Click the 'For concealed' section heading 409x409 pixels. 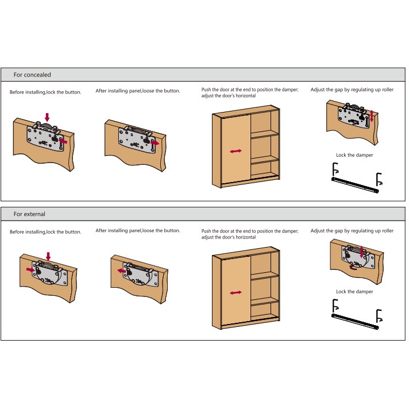pos(32,75)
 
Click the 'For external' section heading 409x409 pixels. pos(29,214)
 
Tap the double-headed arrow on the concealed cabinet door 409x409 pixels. pos(236,151)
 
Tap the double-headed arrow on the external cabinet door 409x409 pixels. pos(236,293)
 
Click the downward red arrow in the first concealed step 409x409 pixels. pos(47,116)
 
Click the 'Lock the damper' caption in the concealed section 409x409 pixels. pos(354,155)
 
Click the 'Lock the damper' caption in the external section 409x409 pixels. pos(354,292)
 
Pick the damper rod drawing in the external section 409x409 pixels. pos(354,319)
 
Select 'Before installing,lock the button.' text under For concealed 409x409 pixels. pos(45,92)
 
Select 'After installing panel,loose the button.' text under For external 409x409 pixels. pos(138,230)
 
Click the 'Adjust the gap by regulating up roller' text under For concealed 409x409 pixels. pos(352,90)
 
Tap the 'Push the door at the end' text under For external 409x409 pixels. pos(250,231)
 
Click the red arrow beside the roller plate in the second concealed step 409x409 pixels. pos(155,142)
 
